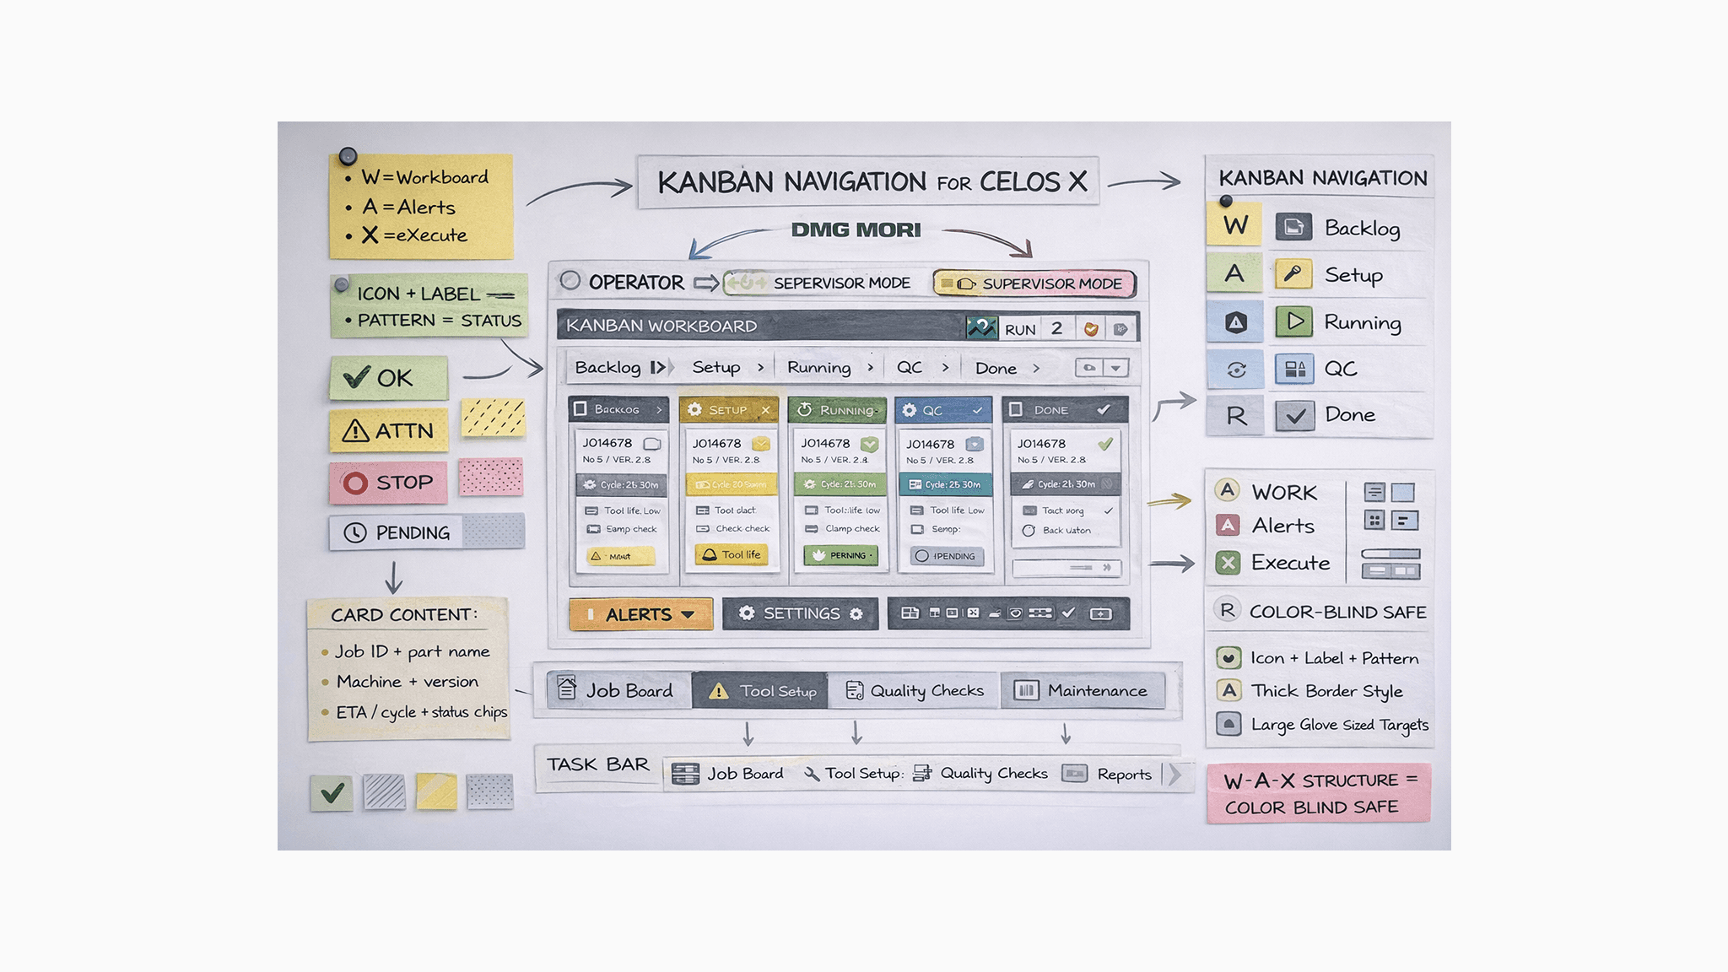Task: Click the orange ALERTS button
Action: (640, 614)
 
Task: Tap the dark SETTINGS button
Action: (800, 613)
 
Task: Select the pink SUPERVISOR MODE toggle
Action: (1034, 283)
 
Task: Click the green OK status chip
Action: (388, 378)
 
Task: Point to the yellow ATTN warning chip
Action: (388, 431)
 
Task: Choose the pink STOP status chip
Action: (388, 483)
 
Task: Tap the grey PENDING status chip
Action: (397, 532)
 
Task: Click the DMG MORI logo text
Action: (856, 229)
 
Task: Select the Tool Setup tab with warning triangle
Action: (760, 691)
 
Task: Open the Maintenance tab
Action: (1082, 691)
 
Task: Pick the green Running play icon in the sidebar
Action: (1293, 321)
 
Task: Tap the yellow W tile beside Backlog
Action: (1234, 225)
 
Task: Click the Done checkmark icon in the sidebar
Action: (1294, 415)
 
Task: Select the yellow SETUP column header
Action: (728, 410)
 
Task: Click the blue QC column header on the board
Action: (942, 410)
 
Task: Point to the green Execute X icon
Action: (1228, 563)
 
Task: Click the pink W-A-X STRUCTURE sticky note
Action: (1318, 793)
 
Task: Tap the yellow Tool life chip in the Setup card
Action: (732, 554)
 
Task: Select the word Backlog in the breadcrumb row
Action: (607, 368)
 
